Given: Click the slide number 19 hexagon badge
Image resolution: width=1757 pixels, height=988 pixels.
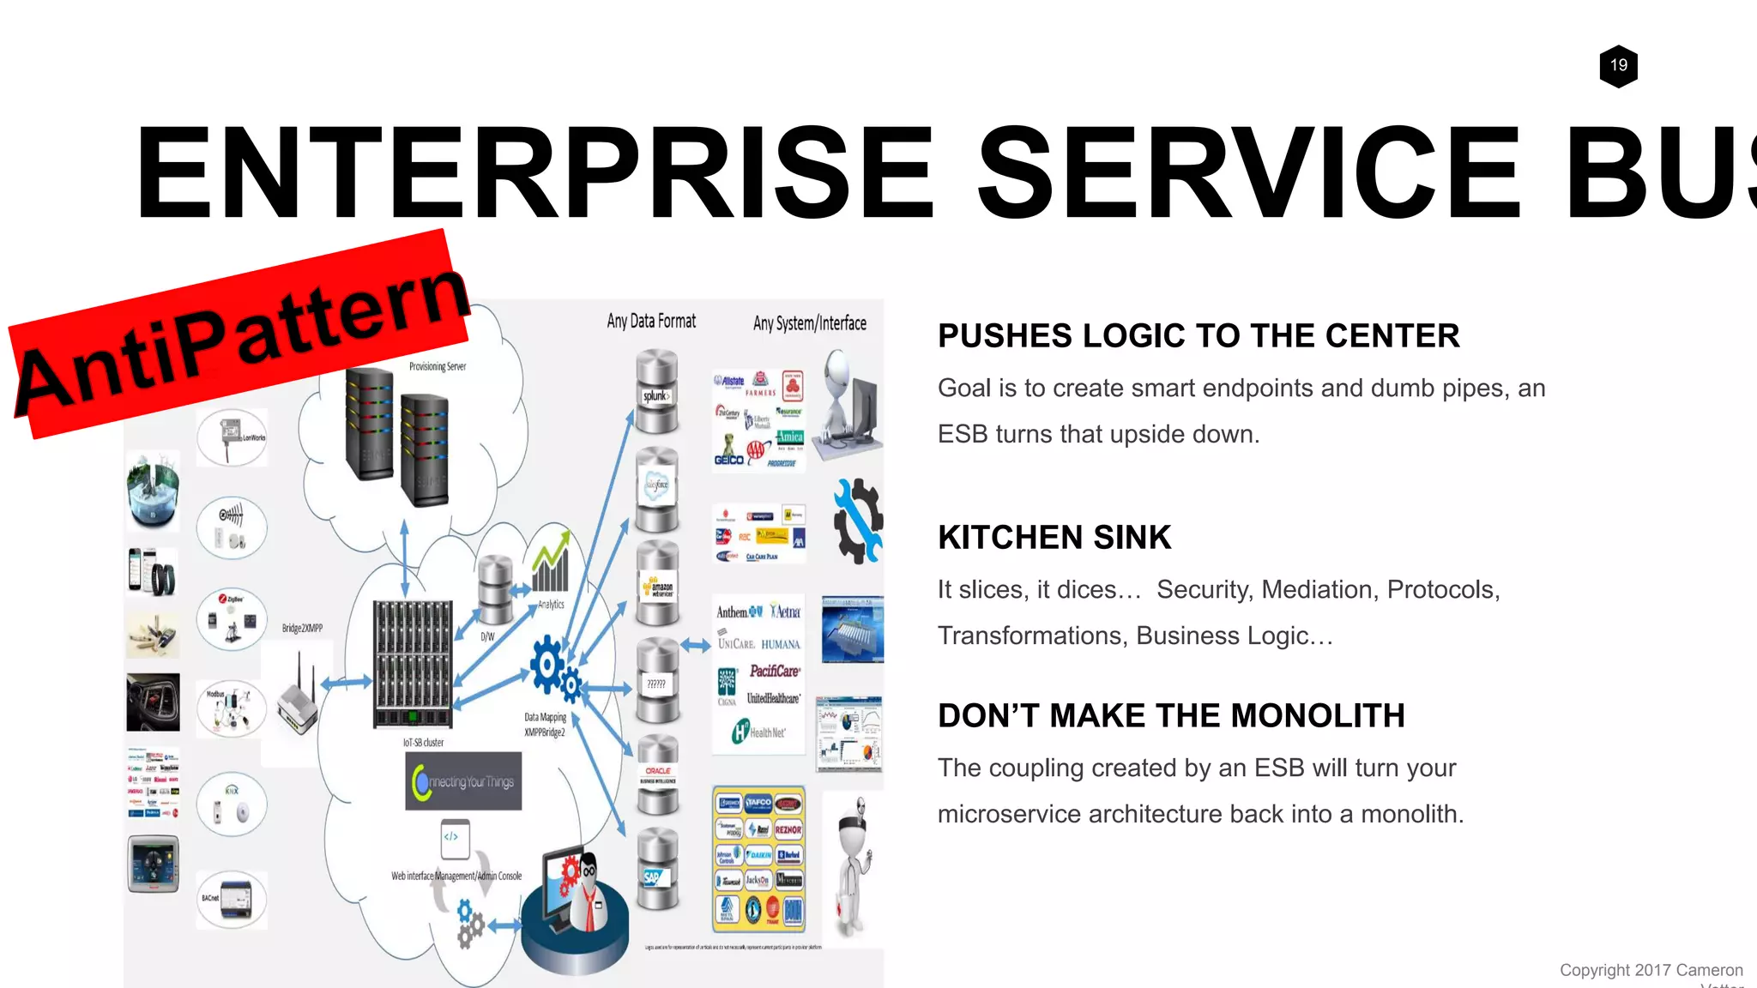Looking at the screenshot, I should pyautogui.click(x=1618, y=66).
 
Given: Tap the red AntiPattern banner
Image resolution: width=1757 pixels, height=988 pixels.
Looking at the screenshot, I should pyautogui.click(x=240, y=334).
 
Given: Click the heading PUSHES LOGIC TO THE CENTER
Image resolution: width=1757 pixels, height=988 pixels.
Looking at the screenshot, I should pyautogui.click(x=1198, y=335).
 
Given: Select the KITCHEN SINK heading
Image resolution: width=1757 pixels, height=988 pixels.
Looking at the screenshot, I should pyautogui.click(x=1054, y=538).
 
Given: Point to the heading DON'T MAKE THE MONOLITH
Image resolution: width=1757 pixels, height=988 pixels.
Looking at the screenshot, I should pyautogui.click(x=1170, y=715).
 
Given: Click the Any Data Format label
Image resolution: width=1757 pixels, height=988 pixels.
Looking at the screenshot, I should pyautogui.click(x=651, y=322).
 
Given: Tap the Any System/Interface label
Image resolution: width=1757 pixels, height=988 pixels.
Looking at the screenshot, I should pyautogui.click(x=809, y=323).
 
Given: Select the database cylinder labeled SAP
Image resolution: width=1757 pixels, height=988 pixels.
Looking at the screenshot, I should pyautogui.click(x=657, y=870).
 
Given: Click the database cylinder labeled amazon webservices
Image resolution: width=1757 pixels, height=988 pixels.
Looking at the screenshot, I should pyautogui.click(x=658, y=583).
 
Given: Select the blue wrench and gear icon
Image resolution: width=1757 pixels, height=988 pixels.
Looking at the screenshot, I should pyautogui.click(x=857, y=521).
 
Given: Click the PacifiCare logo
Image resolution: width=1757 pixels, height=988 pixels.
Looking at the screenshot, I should pyautogui.click(x=774, y=672).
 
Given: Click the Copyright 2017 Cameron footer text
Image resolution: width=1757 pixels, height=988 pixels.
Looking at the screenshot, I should pyautogui.click(x=1651, y=970).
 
